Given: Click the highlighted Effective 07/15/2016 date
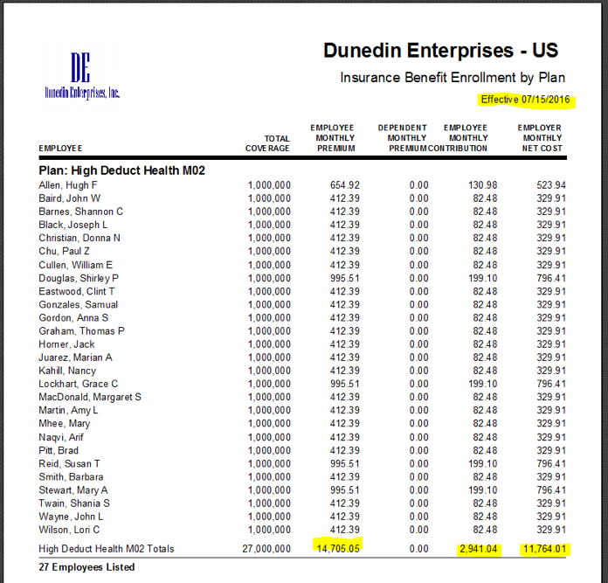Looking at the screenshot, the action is (x=525, y=100).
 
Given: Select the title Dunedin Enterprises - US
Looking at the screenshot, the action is (x=441, y=51).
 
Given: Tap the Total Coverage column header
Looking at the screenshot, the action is (x=267, y=143).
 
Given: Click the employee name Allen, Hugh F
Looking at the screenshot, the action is (x=68, y=185).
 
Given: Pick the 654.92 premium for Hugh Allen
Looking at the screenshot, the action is (x=345, y=185).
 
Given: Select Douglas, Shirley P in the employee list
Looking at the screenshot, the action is (x=79, y=279).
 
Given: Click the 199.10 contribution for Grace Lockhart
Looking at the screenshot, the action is (x=482, y=384).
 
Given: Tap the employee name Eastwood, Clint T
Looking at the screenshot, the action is (x=77, y=292).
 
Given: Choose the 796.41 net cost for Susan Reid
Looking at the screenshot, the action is (x=551, y=464).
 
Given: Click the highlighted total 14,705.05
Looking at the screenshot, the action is (x=338, y=549).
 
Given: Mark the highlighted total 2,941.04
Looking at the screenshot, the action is (x=478, y=549).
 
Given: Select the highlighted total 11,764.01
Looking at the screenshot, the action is (x=544, y=549).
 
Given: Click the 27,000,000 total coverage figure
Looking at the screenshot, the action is (x=266, y=549).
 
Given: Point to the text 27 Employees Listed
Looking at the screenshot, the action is (x=86, y=567).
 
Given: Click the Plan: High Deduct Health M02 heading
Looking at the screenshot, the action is (x=121, y=170).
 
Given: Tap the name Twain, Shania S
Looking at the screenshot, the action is (x=74, y=503).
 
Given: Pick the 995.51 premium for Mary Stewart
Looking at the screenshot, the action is (x=345, y=490).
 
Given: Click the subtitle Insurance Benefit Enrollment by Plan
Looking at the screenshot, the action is (x=453, y=78).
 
